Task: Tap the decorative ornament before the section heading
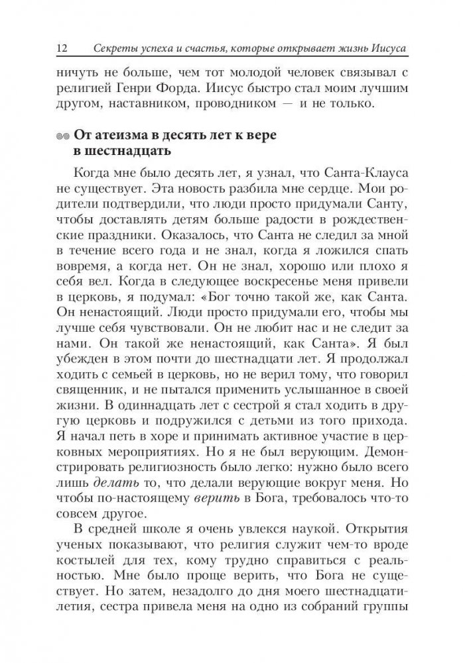tap(64, 136)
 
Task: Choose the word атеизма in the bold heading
tap(121, 135)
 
